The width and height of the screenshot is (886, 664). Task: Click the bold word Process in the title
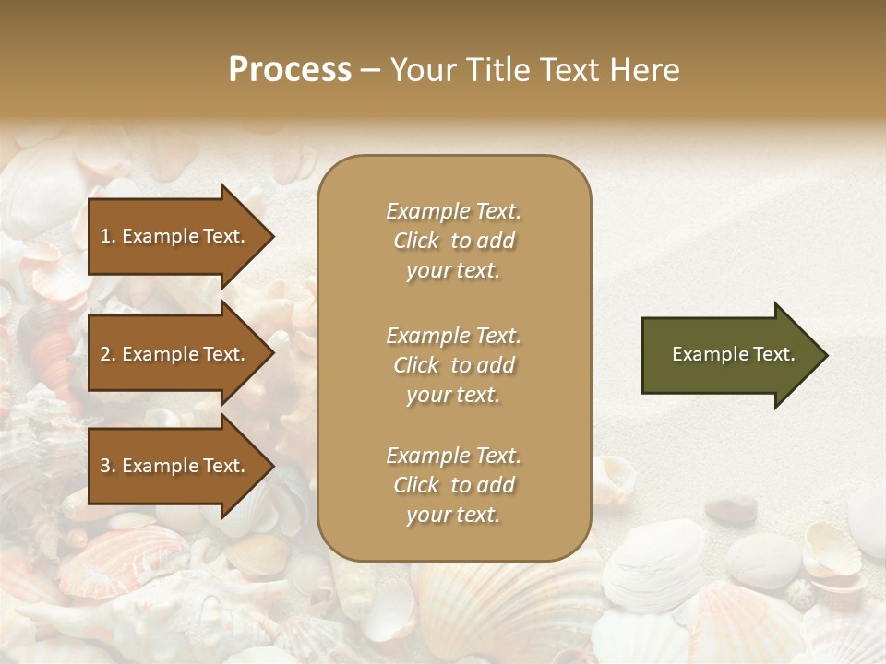(x=290, y=70)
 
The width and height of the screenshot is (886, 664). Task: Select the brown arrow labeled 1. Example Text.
(x=175, y=236)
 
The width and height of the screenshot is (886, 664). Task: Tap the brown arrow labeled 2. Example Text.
(x=175, y=354)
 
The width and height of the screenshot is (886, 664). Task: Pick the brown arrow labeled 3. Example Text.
(x=175, y=466)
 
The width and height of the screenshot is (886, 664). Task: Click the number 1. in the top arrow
(x=108, y=236)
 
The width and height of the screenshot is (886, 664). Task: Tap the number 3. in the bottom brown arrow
(x=108, y=466)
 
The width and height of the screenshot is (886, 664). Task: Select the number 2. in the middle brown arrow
(x=108, y=354)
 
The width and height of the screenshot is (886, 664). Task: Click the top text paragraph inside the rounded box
(x=453, y=241)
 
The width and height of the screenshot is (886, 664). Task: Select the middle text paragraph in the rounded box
(x=453, y=365)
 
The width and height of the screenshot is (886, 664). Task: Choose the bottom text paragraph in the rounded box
(x=453, y=485)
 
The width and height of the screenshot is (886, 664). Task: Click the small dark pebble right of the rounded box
(x=731, y=507)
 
